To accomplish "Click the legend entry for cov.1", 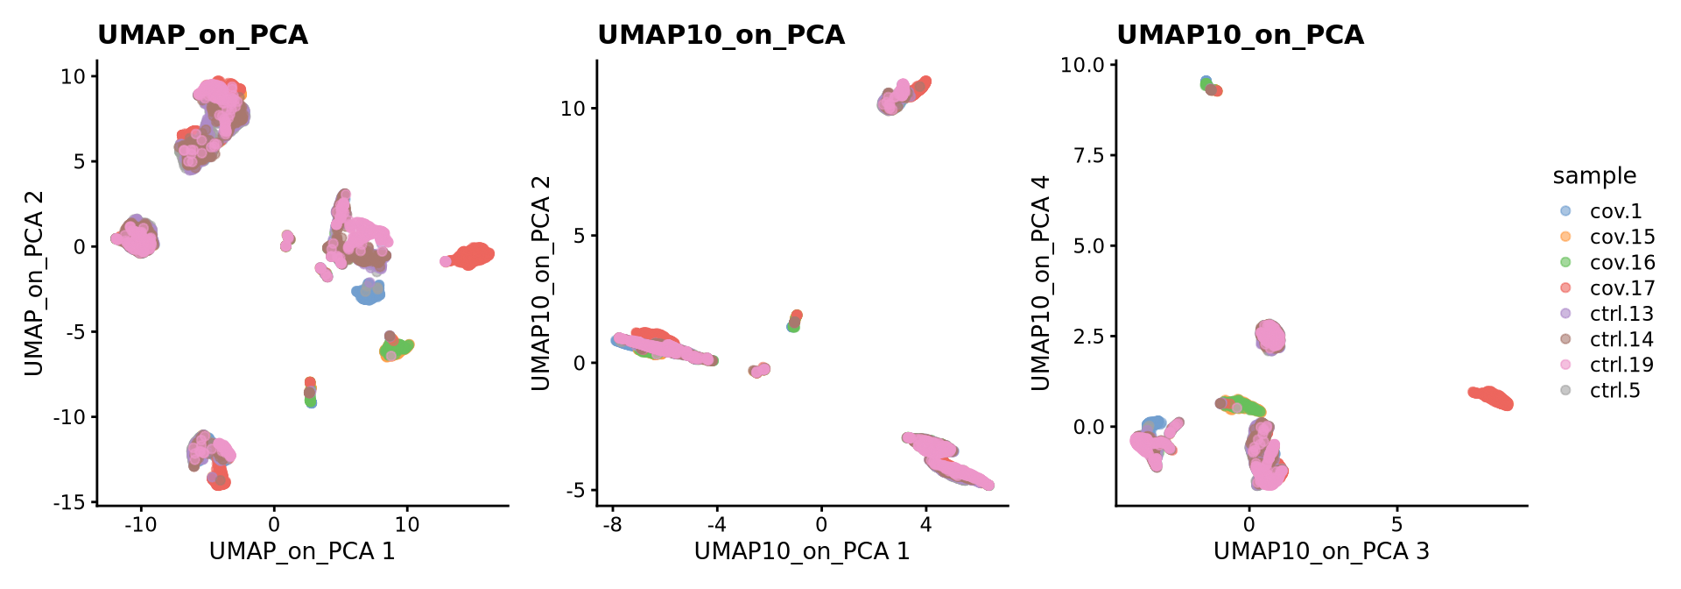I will pos(1615,211).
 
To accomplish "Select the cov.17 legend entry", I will pos(1621,288).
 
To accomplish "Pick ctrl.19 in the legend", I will pos(1621,365).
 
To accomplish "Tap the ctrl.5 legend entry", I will pos(1614,390).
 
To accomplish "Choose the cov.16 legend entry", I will pos(1621,263).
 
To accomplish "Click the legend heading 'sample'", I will pos(1593,176).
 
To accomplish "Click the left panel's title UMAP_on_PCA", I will pos(202,35).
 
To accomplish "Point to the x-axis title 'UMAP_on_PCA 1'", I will pos(301,550).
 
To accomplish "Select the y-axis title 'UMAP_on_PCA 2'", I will pos(33,282).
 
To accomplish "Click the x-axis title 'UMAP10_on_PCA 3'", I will pos(1320,550).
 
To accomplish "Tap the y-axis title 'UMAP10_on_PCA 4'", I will pos(1039,282).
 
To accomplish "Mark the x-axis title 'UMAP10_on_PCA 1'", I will pos(801,550).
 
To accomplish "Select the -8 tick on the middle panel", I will pos(612,525).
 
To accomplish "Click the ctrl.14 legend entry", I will pos(1621,339).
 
